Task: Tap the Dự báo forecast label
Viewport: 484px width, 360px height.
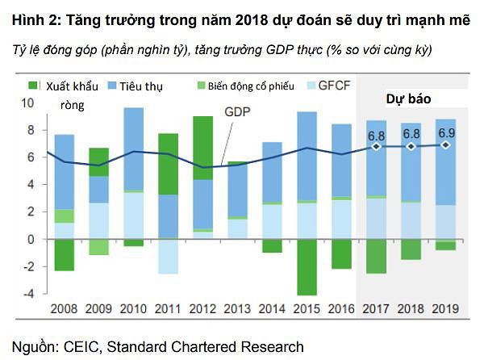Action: coord(409,98)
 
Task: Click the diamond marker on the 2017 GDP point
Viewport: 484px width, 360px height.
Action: coord(377,147)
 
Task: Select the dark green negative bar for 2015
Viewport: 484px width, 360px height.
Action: coord(307,267)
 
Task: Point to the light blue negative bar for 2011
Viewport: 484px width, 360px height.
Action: coord(169,257)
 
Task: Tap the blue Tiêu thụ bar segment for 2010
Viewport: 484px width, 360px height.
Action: coord(134,149)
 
